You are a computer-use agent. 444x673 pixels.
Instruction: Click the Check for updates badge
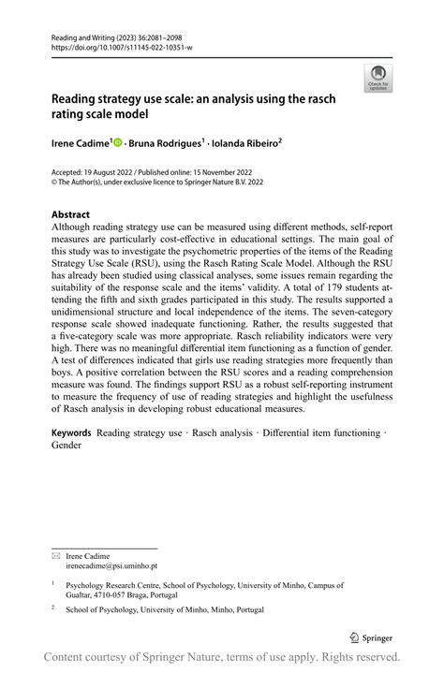[378, 78]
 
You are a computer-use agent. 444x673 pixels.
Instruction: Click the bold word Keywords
[71, 433]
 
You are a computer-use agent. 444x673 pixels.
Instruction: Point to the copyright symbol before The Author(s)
[54, 185]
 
